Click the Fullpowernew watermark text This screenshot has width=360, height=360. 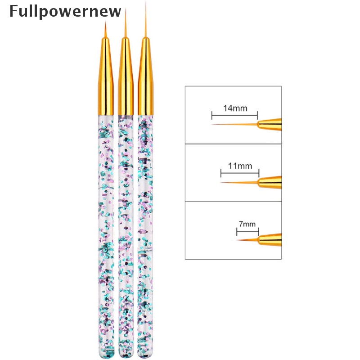click(65, 11)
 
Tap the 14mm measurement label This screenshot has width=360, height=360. click(234, 108)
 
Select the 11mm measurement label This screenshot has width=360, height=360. click(240, 166)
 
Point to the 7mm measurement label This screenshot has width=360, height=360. click(247, 224)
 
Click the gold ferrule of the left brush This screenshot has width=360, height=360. click(107, 81)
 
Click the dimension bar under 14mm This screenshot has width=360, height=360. click(234, 115)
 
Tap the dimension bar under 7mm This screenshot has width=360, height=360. click(247, 232)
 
